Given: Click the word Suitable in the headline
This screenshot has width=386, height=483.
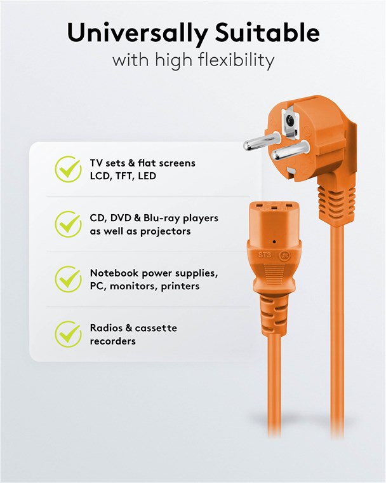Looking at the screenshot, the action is pos(267,32).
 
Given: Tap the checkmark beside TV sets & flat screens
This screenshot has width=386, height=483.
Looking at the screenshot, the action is pos(69,169).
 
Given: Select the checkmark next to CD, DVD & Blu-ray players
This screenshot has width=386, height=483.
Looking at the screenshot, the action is pos(69,224).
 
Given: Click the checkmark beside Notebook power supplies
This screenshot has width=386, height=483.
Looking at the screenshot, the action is pos(69,279).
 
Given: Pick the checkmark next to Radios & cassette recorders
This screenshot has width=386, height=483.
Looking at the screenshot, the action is pos(69,334).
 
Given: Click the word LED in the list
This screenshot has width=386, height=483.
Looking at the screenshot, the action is pos(147,176).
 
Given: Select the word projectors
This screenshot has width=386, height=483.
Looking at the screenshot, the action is pos(165,231).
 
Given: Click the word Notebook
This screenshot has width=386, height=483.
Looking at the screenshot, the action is pos(114,273).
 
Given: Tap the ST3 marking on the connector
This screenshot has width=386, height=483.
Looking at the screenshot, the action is pos(264,255).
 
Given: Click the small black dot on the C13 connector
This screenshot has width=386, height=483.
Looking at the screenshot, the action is pos(274,241).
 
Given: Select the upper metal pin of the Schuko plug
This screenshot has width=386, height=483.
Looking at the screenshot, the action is pos(262,141).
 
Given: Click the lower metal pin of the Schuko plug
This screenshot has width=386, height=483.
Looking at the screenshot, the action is pos(290,150).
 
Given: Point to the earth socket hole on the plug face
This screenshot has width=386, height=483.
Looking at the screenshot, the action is pos(289,121).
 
